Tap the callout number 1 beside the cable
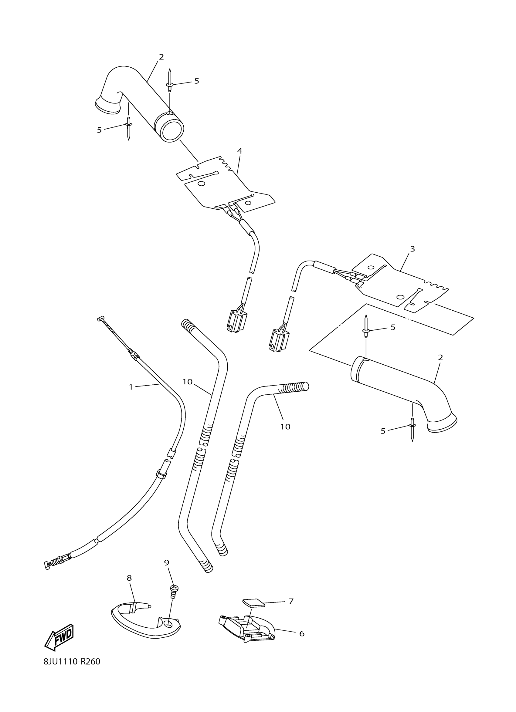[131, 387]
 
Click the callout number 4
[239, 151]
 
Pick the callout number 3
[412, 249]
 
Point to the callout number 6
[301, 633]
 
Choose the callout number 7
[291, 601]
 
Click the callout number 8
[129, 578]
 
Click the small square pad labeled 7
[253, 603]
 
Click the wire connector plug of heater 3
[278, 340]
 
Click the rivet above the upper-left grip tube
[169, 81]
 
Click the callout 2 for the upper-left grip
[161, 57]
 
